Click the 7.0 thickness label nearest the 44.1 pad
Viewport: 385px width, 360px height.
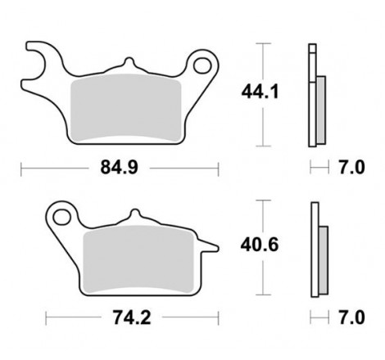point(350,169)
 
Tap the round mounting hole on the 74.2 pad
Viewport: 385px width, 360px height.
point(61,217)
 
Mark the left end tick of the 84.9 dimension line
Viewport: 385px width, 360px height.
point(20,169)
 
